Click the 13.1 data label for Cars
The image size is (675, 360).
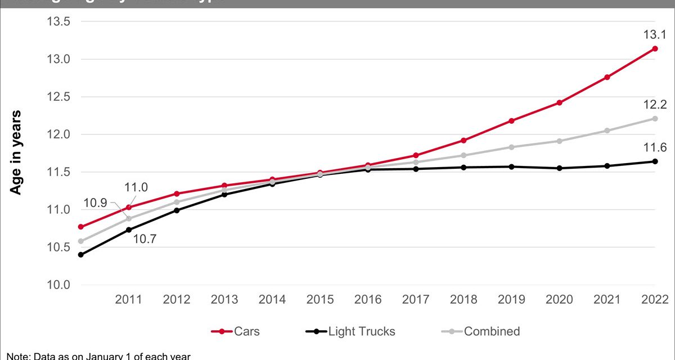pyautogui.click(x=655, y=35)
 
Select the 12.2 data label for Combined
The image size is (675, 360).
pyautogui.click(x=655, y=104)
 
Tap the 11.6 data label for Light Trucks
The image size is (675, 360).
pyautogui.click(x=655, y=148)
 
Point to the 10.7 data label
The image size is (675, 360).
pyautogui.click(x=144, y=238)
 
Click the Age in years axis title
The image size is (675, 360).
pyautogui.click(x=16, y=153)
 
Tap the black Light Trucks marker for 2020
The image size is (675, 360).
pyautogui.click(x=559, y=168)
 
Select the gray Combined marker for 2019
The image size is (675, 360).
pyautogui.click(x=511, y=147)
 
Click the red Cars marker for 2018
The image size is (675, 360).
pyautogui.click(x=463, y=141)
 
